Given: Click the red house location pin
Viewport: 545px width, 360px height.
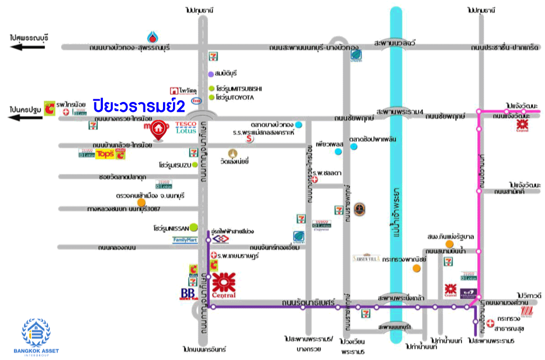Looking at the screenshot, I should coord(158,129).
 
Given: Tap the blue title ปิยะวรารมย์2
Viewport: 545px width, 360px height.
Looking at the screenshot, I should coord(139,106).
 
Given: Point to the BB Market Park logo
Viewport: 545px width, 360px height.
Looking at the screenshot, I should coord(188,294).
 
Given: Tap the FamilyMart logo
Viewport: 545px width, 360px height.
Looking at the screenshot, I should coord(185,240).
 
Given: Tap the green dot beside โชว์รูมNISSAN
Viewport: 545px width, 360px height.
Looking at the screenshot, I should coord(194,227).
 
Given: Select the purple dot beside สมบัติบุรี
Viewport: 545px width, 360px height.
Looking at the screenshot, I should coord(211,74).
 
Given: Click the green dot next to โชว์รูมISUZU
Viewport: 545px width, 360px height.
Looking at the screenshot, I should coord(195,164).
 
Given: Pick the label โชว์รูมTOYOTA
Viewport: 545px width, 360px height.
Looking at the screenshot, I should coord(235,97).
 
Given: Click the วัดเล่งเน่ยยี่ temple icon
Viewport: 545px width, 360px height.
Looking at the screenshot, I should coord(234,153).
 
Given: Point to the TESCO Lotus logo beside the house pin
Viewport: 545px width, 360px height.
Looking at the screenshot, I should coord(186,127).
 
